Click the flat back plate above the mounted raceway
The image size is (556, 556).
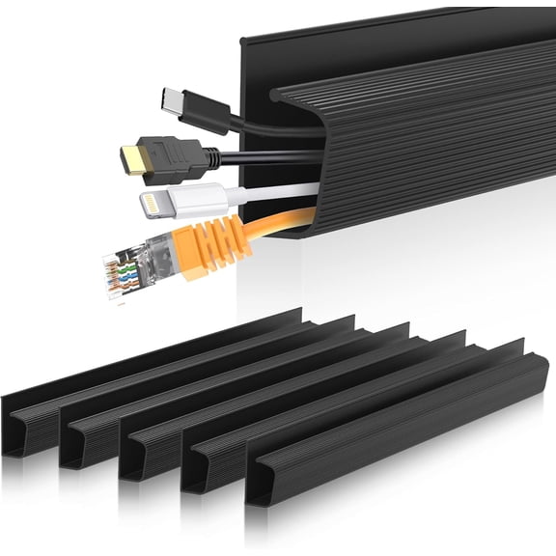click(386, 48)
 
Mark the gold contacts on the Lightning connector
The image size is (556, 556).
click(151, 206)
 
